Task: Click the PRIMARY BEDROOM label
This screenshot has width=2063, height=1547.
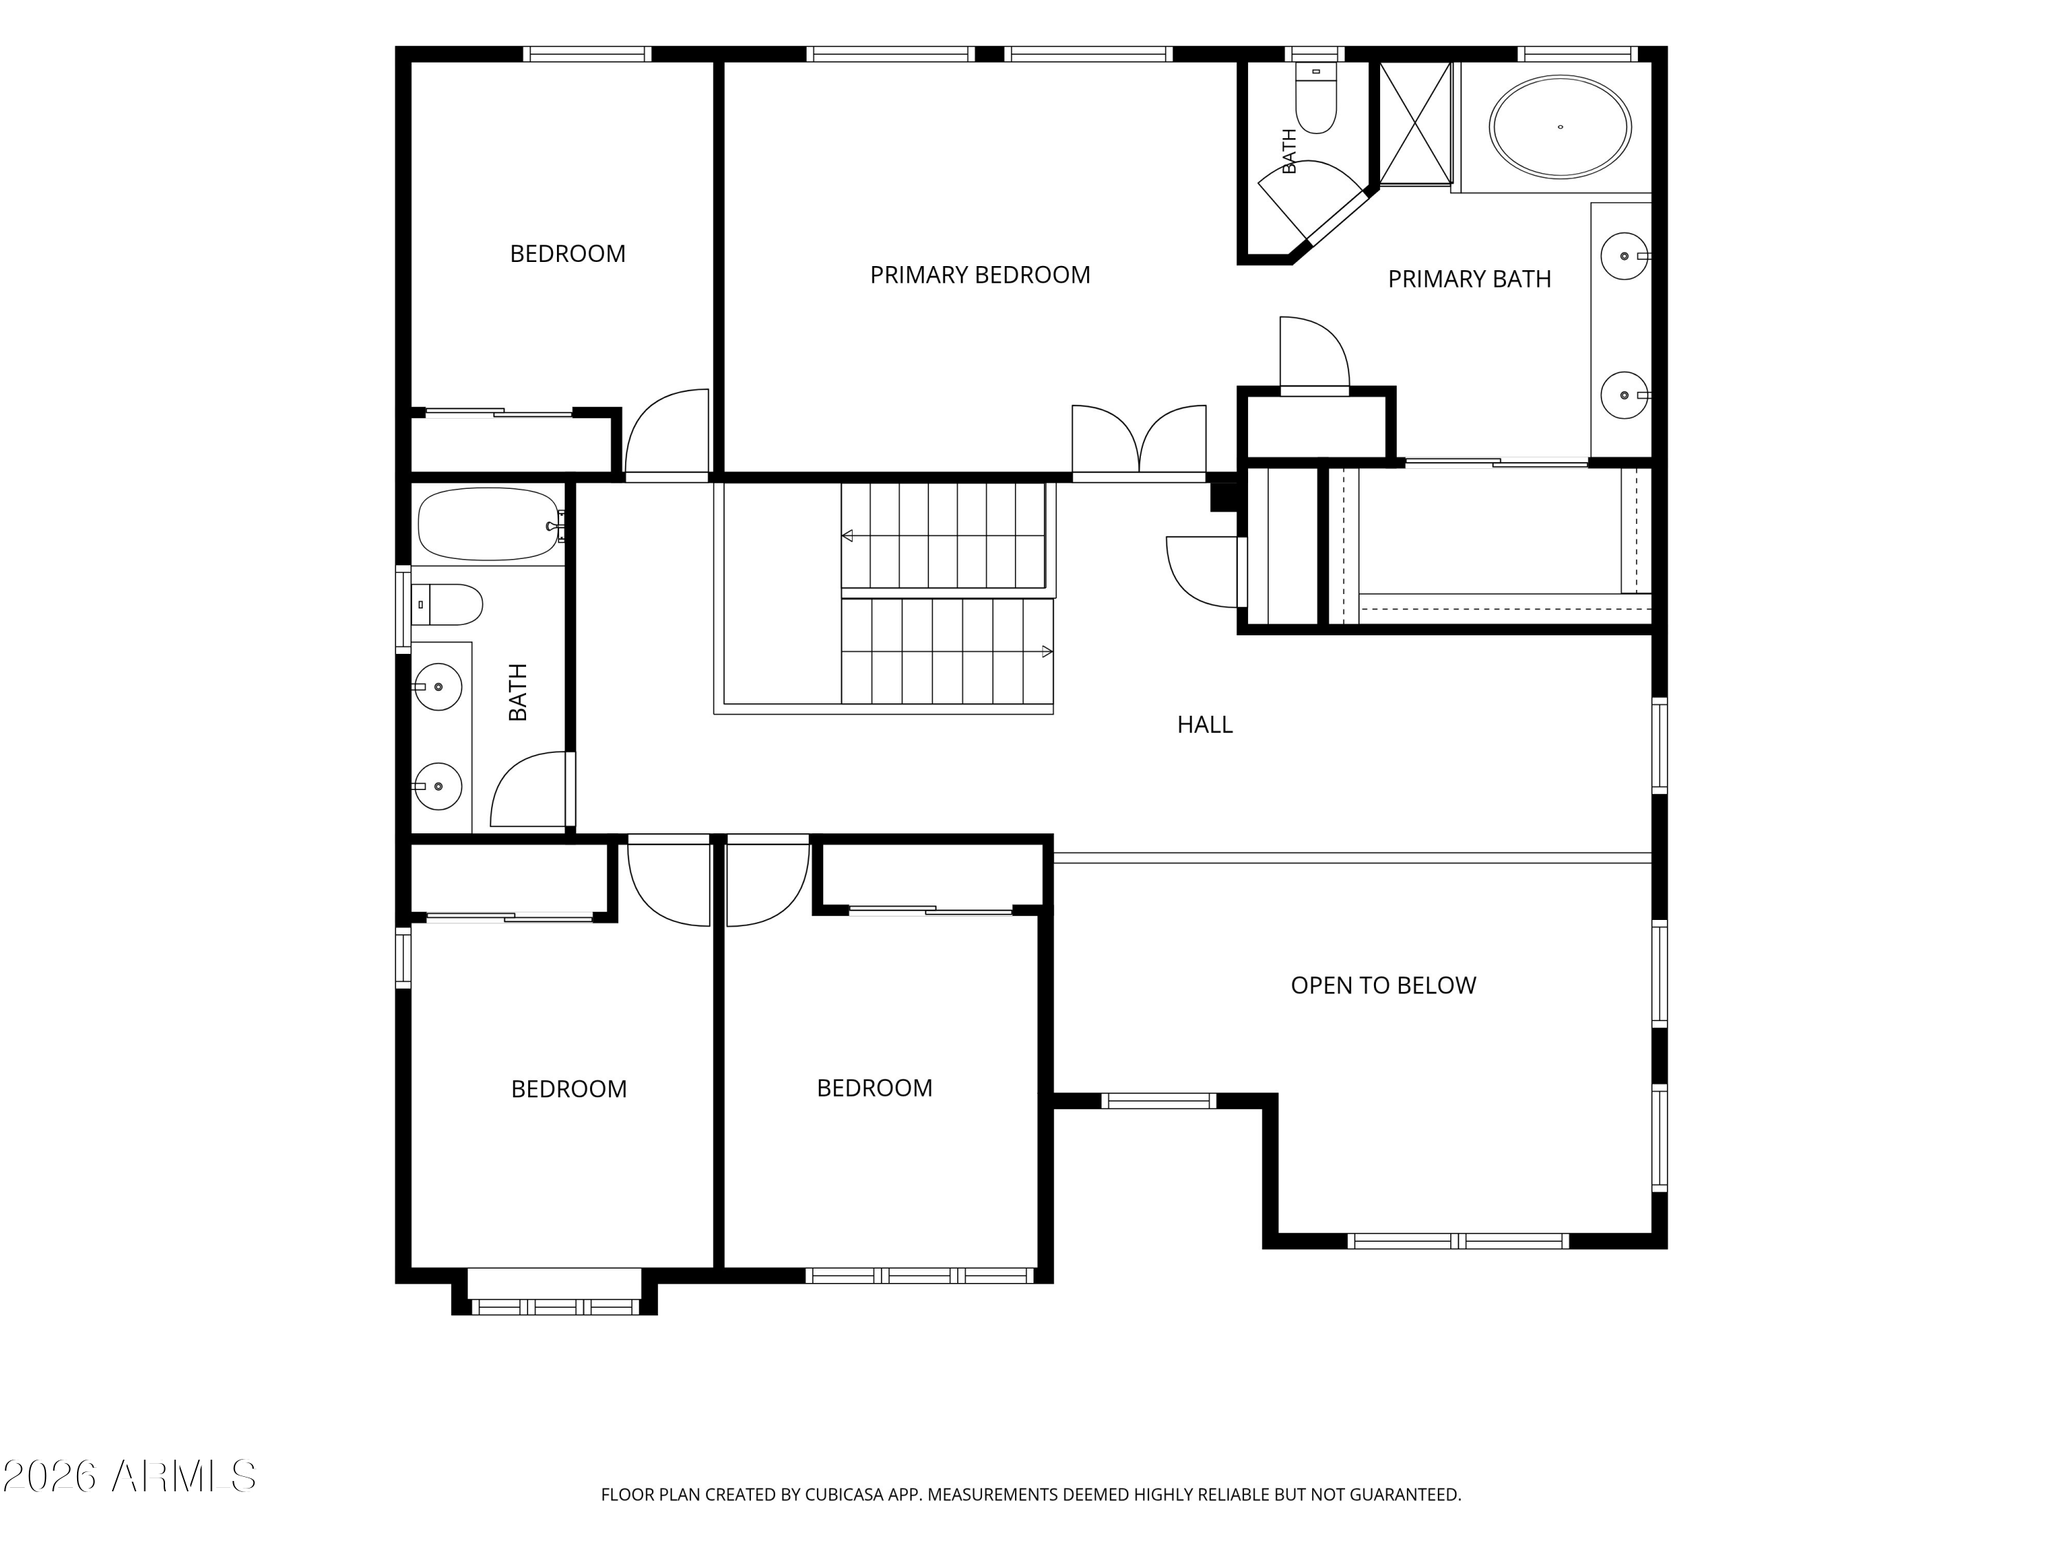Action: tap(979, 275)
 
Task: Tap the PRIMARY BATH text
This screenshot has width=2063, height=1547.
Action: tap(1469, 279)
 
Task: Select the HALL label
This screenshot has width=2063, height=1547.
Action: tap(1204, 725)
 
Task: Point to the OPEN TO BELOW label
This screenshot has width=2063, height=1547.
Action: tap(1383, 986)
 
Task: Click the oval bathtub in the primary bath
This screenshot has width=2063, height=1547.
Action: tap(1560, 127)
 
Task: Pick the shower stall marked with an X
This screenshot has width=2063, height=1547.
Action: tap(1416, 123)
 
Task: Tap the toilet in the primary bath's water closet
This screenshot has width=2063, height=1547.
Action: tap(1316, 98)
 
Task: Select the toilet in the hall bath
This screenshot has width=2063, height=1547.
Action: tap(447, 604)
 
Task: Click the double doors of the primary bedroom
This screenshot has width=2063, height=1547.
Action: tap(1139, 441)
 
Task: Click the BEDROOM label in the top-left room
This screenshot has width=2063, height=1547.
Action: tap(567, 254)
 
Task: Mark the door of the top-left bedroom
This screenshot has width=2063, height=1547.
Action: tap(667, 431)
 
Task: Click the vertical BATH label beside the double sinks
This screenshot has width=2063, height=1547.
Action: tap(518, 692)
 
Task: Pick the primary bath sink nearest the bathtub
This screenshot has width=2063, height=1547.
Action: tap(1625, 256)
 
